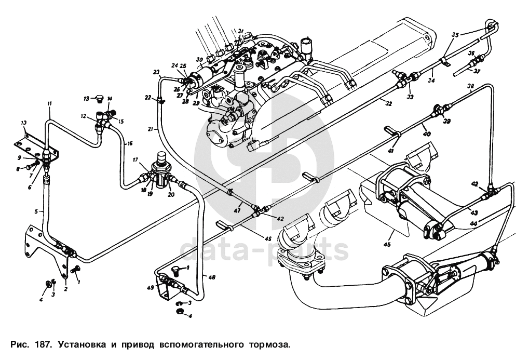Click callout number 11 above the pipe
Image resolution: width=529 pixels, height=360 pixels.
49,104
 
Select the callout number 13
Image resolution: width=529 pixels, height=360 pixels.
87,98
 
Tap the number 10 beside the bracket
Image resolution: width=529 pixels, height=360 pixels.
23,123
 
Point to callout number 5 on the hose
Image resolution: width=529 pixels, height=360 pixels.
37,211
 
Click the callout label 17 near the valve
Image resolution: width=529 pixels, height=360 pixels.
135,160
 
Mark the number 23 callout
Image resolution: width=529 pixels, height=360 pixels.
156,72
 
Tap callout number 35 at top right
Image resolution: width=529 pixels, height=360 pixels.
455,35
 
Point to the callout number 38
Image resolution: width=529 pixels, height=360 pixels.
470,86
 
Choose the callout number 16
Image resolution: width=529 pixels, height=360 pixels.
130,143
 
